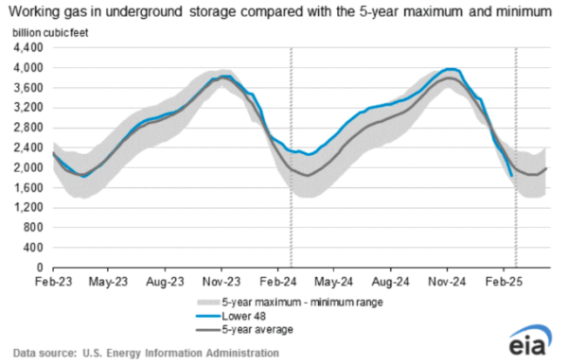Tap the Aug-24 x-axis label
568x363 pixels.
pos(390,282)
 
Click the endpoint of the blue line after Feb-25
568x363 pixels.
pos(512,175)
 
